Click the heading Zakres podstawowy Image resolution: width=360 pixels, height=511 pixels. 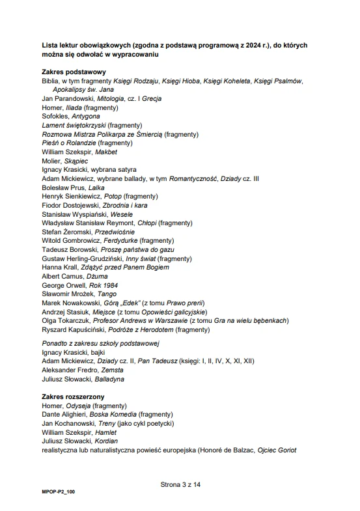(74, 72)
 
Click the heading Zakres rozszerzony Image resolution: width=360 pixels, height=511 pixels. (73, 396)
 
